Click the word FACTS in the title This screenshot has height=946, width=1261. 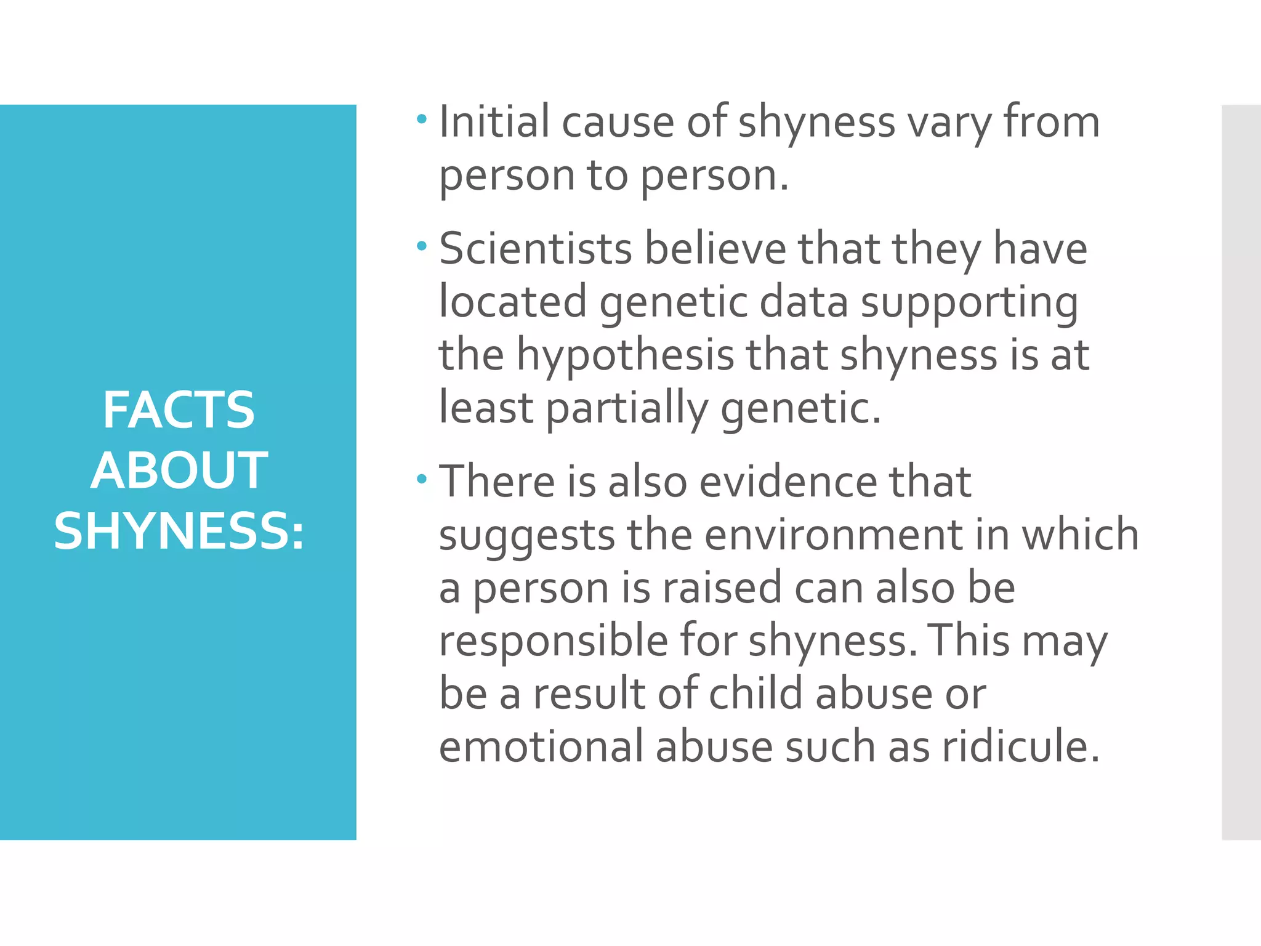pos(179,410)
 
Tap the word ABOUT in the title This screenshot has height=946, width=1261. pos(179,471)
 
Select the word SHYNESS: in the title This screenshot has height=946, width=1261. pos(179,531)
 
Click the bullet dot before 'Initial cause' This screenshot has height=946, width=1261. pos(421,119)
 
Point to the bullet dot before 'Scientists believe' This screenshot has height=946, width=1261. pos(421,246)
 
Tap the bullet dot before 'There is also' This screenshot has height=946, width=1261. pos(421,479)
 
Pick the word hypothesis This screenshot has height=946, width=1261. pos(625,356)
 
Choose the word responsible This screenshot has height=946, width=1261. pos(553,641)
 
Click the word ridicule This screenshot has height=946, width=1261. pos(1020,747)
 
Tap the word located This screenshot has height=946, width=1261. pos(512,302)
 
